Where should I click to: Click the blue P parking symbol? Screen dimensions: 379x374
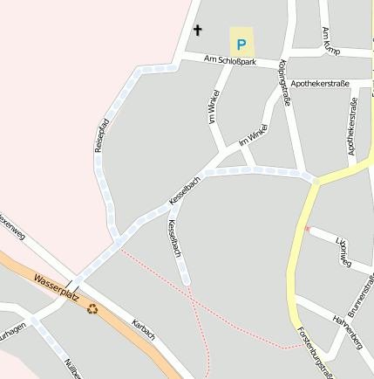[241, 41]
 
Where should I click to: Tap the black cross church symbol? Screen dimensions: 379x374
[197, 31]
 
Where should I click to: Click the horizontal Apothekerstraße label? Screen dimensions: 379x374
[320, 84]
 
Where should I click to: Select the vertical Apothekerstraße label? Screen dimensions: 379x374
[353, 127]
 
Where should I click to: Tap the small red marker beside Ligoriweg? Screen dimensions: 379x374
[307, 229]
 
